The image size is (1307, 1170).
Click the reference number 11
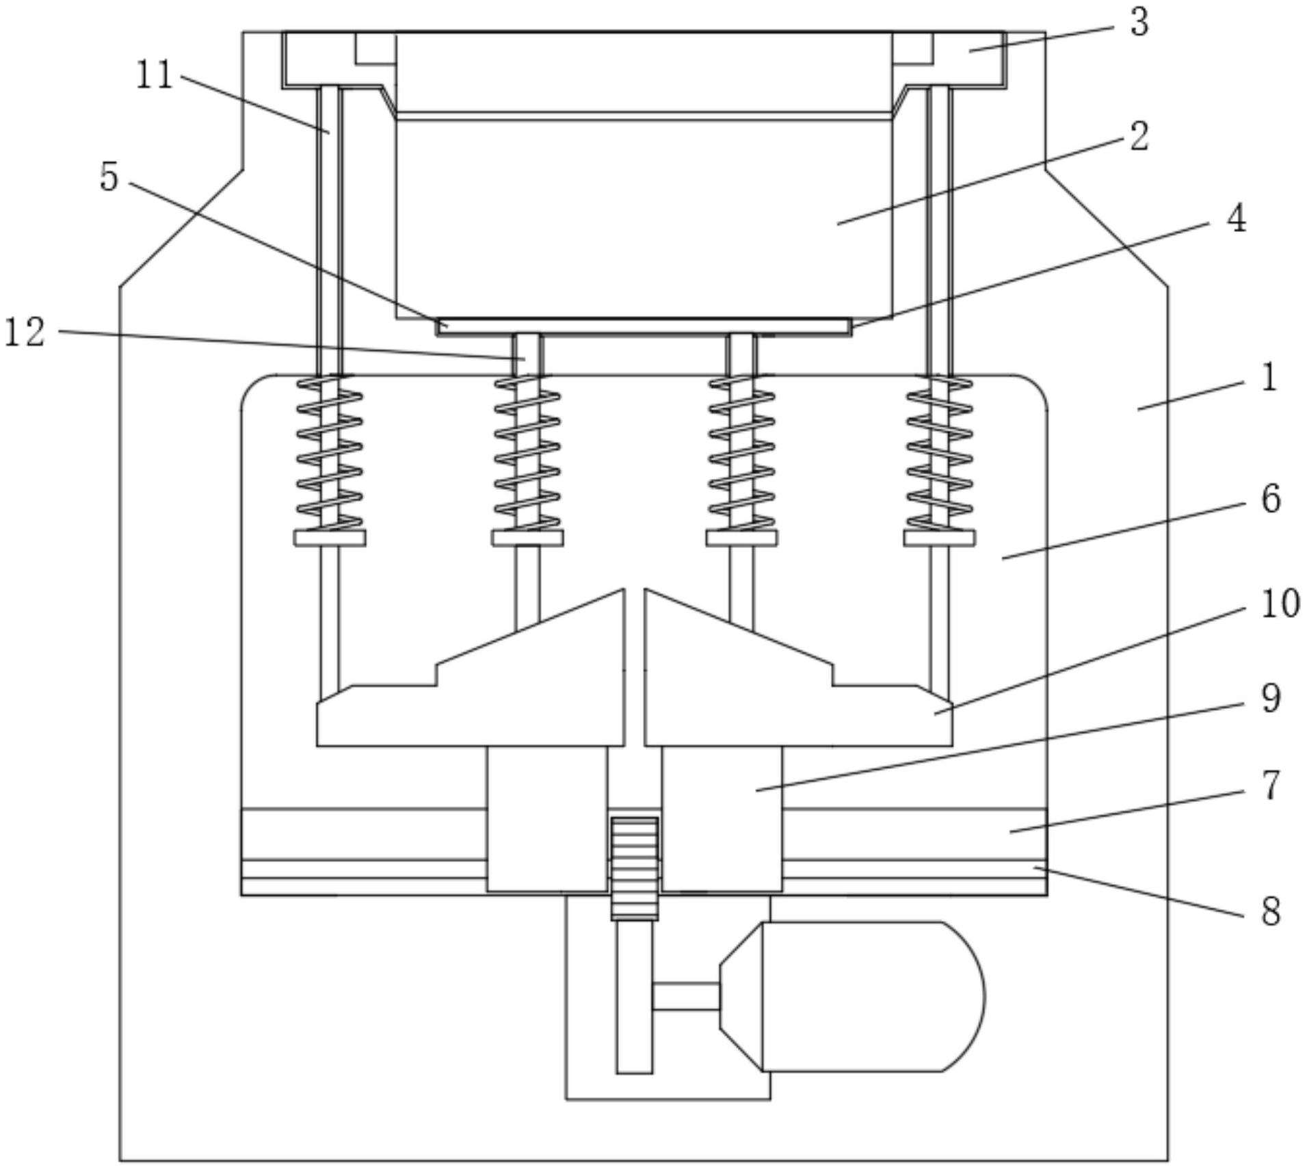click(x=155, y=75)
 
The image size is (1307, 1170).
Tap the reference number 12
click(x=25, y=333)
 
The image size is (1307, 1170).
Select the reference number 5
click(x=109, y=177)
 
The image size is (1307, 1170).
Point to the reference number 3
click(x=1139, y=22)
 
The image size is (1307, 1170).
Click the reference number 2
click(x=1139, y=136)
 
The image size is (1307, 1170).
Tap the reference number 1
click(x=1269, y=377)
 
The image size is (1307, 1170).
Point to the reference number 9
click(x=1271, y=699)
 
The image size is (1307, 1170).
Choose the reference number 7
click(x=1271, y=785)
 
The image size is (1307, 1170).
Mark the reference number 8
click(x=1271, y=911)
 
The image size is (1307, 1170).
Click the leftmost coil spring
click(x=330, y=452)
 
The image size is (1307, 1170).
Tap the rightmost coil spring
click(x=939, y=452)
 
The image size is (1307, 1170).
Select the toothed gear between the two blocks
click(x=635, y=868)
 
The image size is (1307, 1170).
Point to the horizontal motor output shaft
click(x=686, y=996)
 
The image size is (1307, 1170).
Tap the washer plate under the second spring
click(x=527, y=538)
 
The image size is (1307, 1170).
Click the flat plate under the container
click(x=644, y=326)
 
